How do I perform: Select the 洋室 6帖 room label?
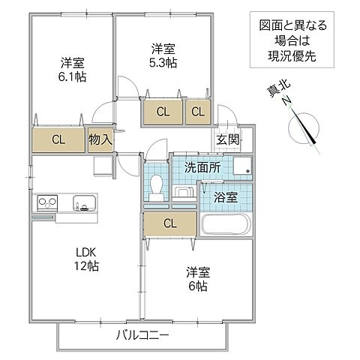click(x=197, y=280)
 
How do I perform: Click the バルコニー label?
click(x=142, y=334)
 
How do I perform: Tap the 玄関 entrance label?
click(x=228, y=140)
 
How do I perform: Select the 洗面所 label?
click(x=202, y=168)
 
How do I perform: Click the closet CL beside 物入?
click(x=57, y=139)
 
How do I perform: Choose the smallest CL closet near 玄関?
click(x=197, y=112)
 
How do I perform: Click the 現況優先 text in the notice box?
click(x=289, y=56)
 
